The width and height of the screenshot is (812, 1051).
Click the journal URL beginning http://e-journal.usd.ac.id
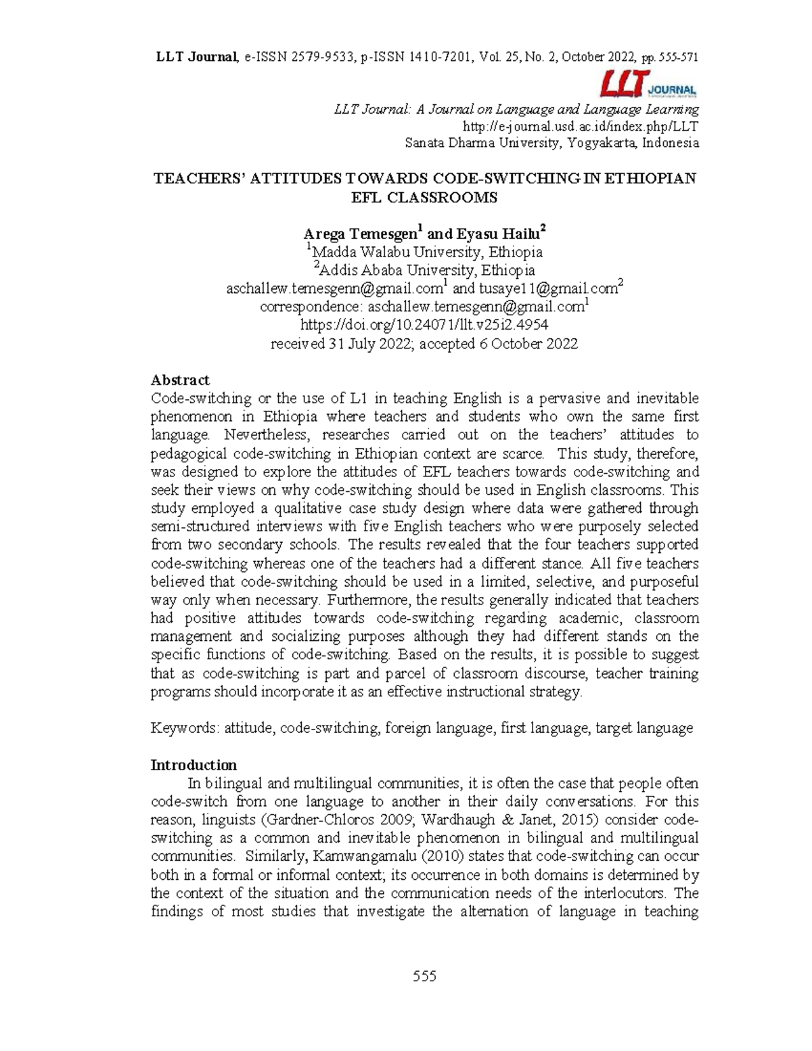(x=580, y=126)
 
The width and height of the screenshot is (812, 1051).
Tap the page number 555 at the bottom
(x=424, y=976)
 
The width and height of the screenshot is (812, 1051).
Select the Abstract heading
(x=180, y=380)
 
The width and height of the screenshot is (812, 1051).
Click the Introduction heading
(x=194, y=765)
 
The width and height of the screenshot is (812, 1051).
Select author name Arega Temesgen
(x=361, y=234)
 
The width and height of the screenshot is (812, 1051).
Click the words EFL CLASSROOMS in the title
(x=424, y=197)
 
